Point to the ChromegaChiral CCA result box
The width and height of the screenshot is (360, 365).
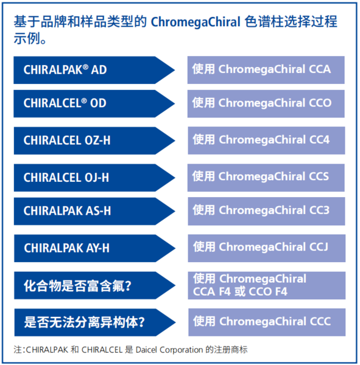click(266, 70)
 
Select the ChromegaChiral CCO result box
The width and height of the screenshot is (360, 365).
click(266, 103)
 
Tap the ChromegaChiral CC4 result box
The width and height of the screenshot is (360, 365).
click(267, 141)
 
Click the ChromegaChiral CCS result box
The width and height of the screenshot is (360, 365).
click(266, 178)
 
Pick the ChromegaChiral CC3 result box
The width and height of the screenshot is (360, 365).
click(267, 211)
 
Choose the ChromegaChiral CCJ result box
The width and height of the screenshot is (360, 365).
click(267, 248)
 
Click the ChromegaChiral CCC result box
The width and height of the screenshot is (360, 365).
click(267, 322)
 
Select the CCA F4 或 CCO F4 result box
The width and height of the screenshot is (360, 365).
click(267, 285)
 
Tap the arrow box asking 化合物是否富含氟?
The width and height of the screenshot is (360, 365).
click(94, 285)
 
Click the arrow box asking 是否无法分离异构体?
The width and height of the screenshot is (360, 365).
click(95, 322)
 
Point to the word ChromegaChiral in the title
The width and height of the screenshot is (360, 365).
click(196, 23)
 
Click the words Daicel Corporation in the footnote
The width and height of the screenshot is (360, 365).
click(169, 350)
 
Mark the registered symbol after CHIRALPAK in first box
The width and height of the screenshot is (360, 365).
click(85, 67)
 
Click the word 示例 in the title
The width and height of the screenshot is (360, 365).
click(27, 38)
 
